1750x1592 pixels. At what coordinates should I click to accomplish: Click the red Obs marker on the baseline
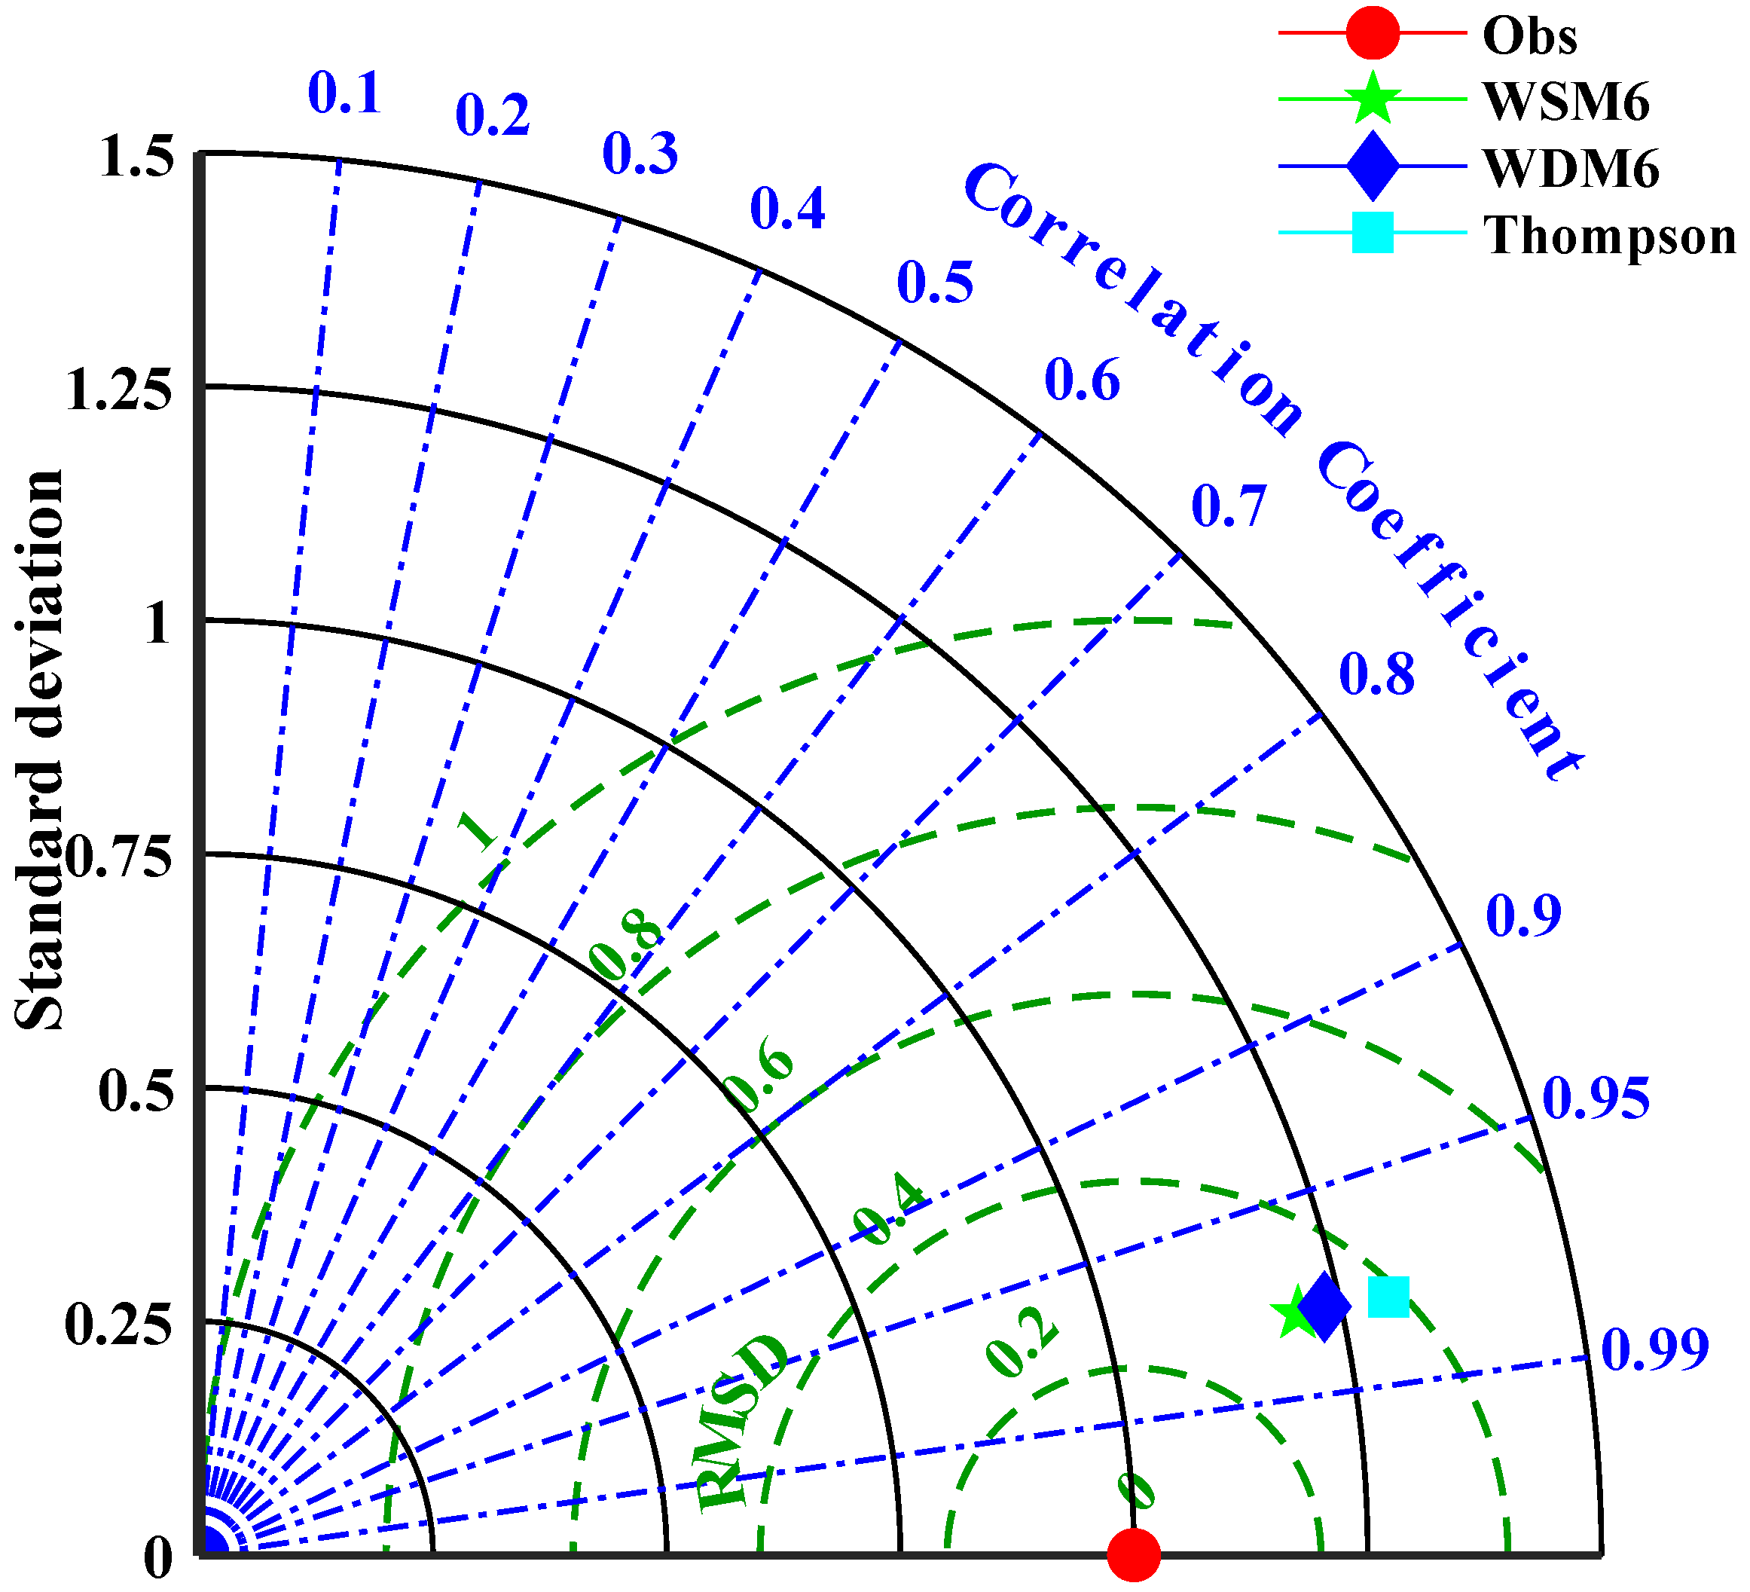[1134, 1554]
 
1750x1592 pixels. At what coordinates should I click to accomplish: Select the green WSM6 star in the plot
[1293, 1313]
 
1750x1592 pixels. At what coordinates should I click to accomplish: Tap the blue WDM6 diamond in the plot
[1324, 1306]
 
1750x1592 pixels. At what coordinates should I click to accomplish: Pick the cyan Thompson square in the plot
[1388, 1297]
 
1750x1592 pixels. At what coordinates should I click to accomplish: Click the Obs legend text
[1529, 36]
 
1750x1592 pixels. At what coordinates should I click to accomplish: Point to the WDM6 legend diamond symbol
[1373, 166]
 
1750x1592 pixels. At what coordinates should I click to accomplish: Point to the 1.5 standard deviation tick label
[136, 158]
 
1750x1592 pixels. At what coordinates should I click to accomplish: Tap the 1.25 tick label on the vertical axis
[119, 390]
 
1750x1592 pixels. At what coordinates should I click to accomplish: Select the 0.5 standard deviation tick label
[136, 1091]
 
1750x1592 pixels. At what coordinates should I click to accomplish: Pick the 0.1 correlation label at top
[344, 93]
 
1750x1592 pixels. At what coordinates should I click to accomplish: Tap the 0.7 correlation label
[1228, 506]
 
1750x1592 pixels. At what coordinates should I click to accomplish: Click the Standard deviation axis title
[39, 751]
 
